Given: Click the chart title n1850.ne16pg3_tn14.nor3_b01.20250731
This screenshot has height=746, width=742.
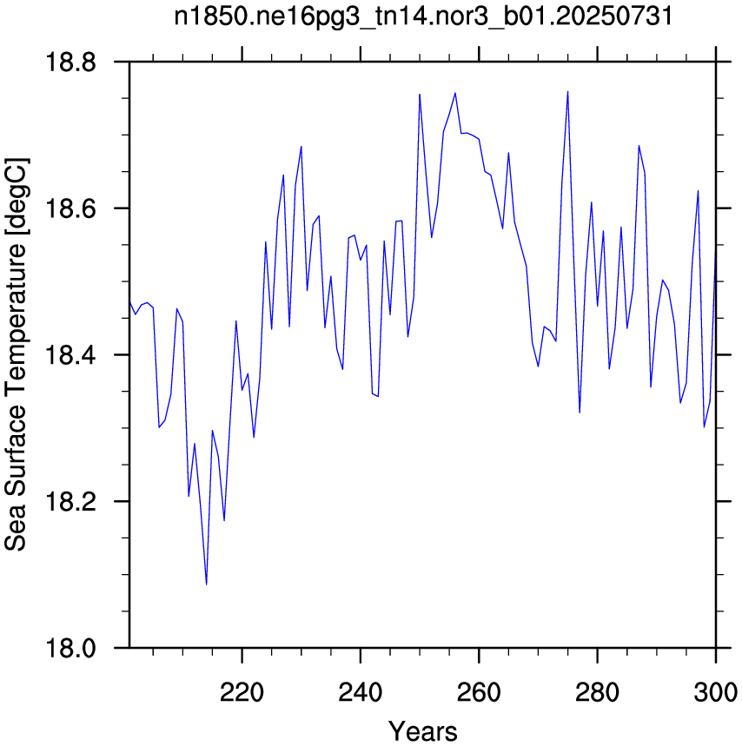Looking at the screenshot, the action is tap(423, 17).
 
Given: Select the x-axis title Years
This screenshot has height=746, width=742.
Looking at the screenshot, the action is tap(422, 730).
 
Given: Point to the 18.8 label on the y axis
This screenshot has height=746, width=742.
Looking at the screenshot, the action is tap(70, 62).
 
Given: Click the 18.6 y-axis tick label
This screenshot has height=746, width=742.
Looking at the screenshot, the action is tap(70, 208).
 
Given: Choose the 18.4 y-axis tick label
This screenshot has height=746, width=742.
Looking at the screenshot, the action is tap(70, 355).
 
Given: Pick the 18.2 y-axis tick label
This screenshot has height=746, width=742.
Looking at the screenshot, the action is tap(70, 501).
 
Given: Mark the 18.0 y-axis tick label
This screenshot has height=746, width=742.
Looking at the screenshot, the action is tap(70, 648).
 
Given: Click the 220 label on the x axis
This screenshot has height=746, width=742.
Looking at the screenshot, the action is tap(242, 693).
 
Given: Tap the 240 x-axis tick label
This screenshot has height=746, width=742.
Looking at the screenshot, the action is tap(361, 693).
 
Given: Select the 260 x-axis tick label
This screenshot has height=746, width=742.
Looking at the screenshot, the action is tap(479, 693).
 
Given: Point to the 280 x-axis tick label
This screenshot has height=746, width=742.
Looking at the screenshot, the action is tap(597, 693).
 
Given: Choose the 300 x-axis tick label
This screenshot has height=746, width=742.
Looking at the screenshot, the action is tap(716, 693).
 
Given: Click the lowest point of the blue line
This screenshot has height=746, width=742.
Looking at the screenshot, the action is tap(207, 584).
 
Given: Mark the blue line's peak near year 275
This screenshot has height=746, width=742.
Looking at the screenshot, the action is tap(568, 91).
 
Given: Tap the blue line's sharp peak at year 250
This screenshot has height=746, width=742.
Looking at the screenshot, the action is tap(420, 94).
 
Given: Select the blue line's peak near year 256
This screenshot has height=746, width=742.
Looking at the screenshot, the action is tap(455, 93).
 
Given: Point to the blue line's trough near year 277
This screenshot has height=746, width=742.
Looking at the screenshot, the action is tap(580, 413).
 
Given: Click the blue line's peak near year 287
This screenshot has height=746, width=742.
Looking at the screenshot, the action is tap(639, 146).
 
